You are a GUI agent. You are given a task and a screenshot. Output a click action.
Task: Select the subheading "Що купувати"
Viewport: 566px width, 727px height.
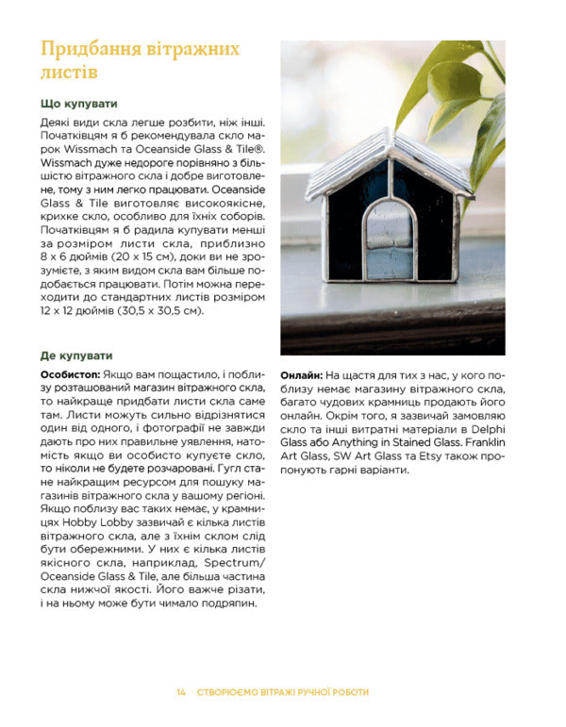tap(79, 104)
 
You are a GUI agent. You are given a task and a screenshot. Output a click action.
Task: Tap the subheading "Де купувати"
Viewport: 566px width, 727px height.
tap(76, 355)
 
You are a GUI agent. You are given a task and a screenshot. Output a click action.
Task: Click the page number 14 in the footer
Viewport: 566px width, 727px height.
tap(180, 692)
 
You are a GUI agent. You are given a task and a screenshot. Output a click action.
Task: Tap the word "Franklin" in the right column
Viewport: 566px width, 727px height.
tap(485, 442)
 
